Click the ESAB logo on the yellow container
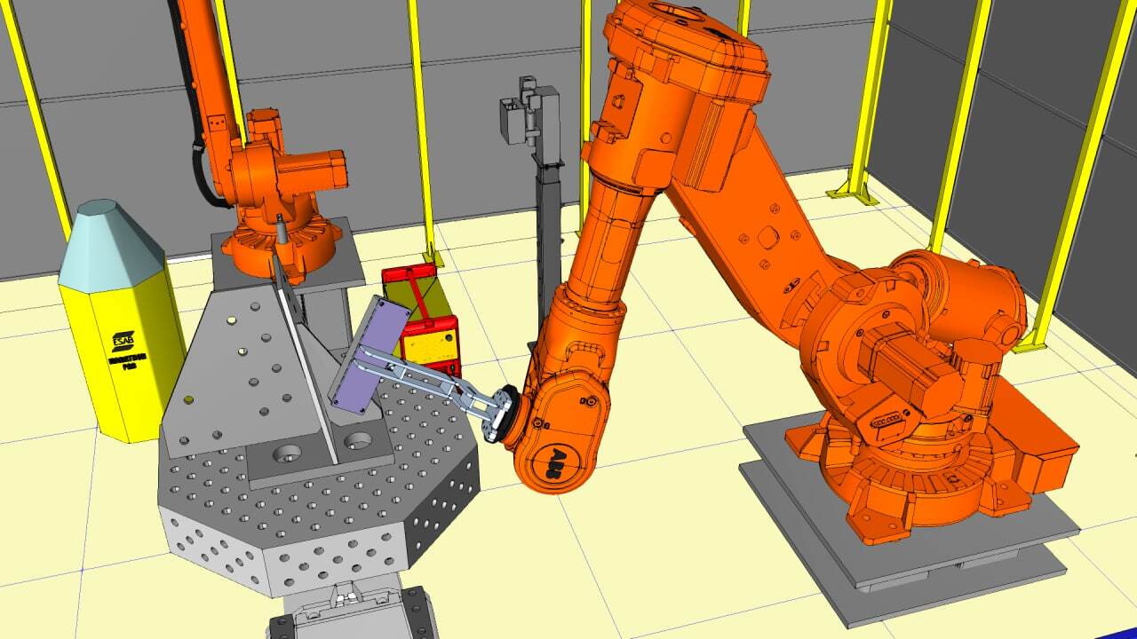tap(123, 340)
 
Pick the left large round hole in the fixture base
tap(286, 454)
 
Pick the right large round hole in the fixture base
tap(358, 439)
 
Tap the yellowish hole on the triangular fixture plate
tap(232, 320)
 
